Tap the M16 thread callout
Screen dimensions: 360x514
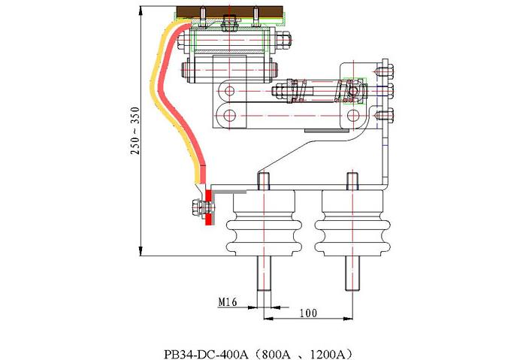(x=228, y=301)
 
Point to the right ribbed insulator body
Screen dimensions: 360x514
(x=351, y=224)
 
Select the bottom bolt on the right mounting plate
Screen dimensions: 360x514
(x=387, y=115)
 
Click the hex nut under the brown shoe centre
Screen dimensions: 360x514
(x=231, y=29)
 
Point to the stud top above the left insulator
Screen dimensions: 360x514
(x=263, y=180)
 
